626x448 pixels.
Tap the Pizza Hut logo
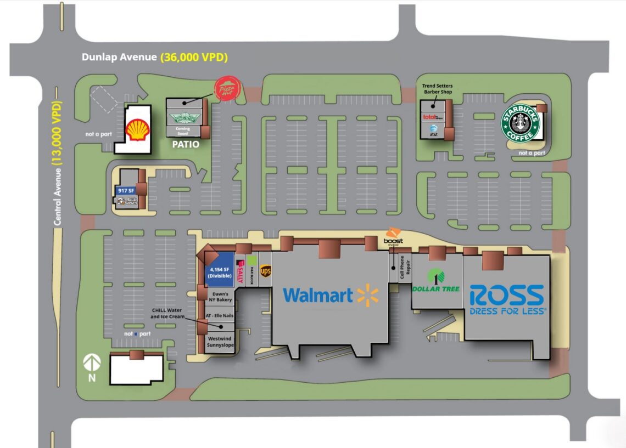pyautogui.click(x=227, y=89)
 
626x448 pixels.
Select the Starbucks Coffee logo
pyautogui.click(x=521, y=124)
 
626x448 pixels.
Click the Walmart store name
pyautogui.click(x=318, y=296)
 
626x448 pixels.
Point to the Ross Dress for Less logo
pyautogui.click(x=507, y=299)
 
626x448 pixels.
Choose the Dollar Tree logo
pyautogui.click(x=436, y=281)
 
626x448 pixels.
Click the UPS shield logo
pyautogui.click(x=266, y=271)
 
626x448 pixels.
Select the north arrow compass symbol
pyautogui.click(x=92, y=365)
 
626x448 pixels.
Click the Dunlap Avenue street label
pyautogui.click(x=119, y=57)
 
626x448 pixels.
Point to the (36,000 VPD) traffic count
pyautogui.click(x=194, y=57)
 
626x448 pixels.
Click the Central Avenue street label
pyautogui.click(x=57, y=196)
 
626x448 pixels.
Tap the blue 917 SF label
pyautogui.click(x=126, y=191)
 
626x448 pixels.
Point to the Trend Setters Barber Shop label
pyautogui.click(x=436, y=89)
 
